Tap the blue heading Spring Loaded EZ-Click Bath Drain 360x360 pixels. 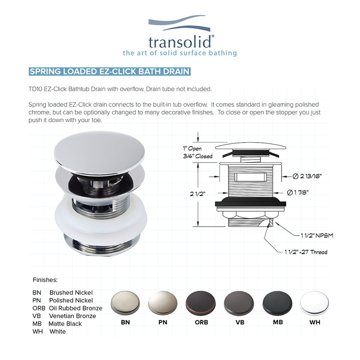coord(109,72)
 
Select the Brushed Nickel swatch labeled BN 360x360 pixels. coord(126,302)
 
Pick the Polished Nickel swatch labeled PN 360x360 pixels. coord(163,302)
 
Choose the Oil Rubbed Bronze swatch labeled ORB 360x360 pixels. coord(201,303)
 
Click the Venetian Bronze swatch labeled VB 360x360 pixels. coord(239,303)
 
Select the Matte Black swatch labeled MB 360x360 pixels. coord(277,303)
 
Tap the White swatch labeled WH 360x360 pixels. coord(314,303)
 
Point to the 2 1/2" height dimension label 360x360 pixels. coord(198,194)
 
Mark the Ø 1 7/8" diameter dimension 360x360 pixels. coord(298,192)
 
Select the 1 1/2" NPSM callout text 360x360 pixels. coord(317,235)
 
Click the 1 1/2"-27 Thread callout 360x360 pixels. coord(306,252)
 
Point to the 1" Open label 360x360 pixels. coord(192,148)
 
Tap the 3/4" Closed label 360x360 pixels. coord(198,156)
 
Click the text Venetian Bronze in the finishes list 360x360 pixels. coord(72,316)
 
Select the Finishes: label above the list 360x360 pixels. coord(45,280)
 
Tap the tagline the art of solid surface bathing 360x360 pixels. coord(180,53)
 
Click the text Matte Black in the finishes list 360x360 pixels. coord(65,324)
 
